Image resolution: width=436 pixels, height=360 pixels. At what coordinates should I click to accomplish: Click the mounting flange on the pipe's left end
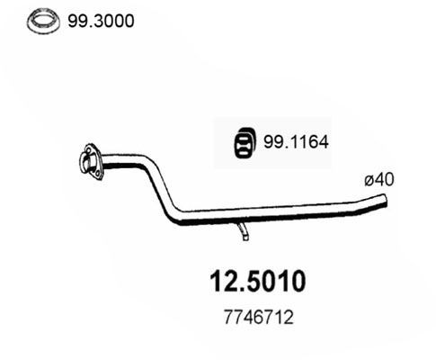90,159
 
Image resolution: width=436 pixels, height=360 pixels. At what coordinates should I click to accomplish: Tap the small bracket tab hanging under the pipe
242,233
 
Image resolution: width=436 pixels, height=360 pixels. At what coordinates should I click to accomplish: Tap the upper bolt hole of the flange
90,149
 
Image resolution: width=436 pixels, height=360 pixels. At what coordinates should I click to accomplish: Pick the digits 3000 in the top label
112,19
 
